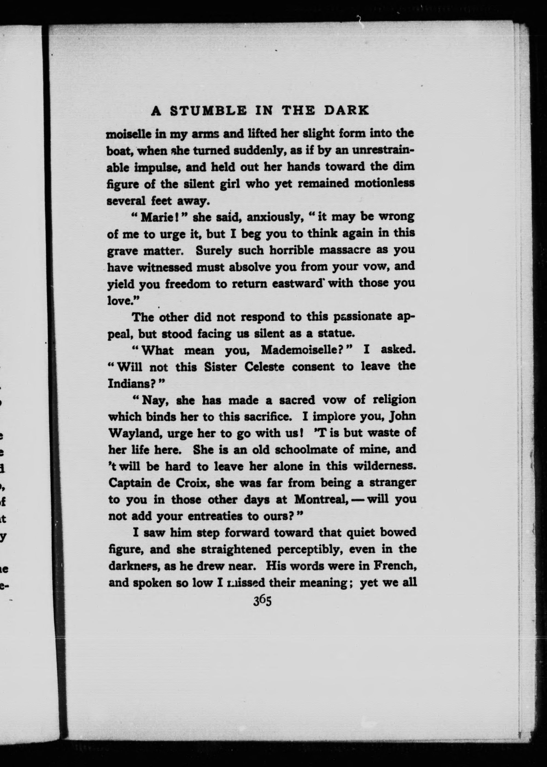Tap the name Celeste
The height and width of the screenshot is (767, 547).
pyautogui.click(x=264, y=367)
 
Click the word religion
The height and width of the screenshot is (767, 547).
pyautogui.click(x=394, y=400)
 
